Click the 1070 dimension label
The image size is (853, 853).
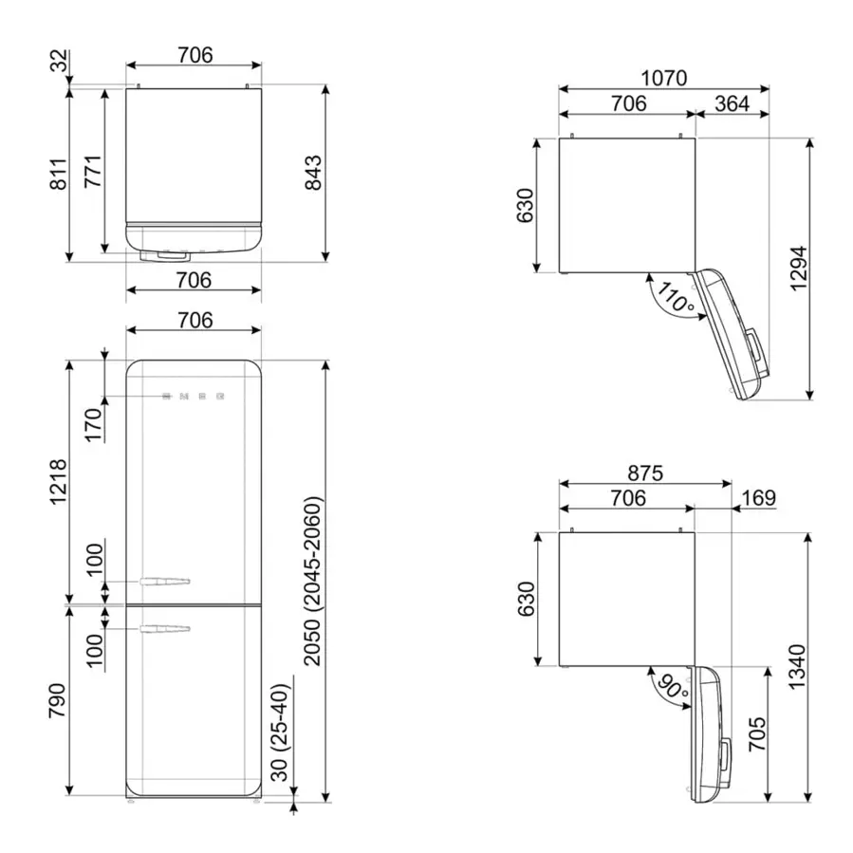coord(663,79)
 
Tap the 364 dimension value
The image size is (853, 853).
coord(732,104)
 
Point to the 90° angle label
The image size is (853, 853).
coord(674,687)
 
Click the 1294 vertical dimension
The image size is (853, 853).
coord(799,269)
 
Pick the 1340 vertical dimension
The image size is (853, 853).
coord(798,667)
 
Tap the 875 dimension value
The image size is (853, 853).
coord(645,473)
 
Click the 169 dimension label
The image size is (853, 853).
coord(758,498)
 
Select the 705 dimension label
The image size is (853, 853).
coord(757,734)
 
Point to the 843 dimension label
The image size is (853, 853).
coord(313,173)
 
